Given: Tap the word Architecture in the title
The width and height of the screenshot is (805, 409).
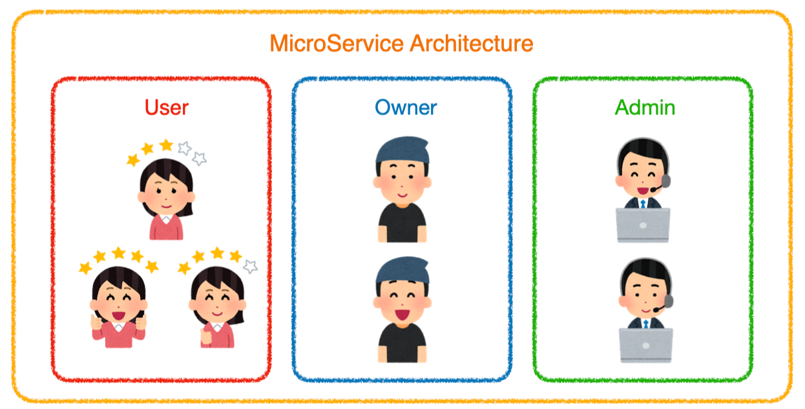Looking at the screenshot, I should tap(472, 44).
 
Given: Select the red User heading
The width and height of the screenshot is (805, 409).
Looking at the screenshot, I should tap(167, 107).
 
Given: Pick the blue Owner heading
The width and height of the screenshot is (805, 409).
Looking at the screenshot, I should tap(406, 107).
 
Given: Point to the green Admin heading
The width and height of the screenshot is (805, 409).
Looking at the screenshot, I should tap(645, 107).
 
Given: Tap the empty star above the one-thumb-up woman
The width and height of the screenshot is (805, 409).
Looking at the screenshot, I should tap(251, 266).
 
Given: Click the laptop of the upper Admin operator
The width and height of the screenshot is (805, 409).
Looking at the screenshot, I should tap(643, 224).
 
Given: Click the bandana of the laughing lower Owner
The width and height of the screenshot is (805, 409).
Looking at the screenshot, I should tap(402, 271).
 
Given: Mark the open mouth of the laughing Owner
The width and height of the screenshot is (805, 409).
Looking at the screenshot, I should tap(402, 315).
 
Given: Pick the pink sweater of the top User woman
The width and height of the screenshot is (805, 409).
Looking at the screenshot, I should tap(166, 227).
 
